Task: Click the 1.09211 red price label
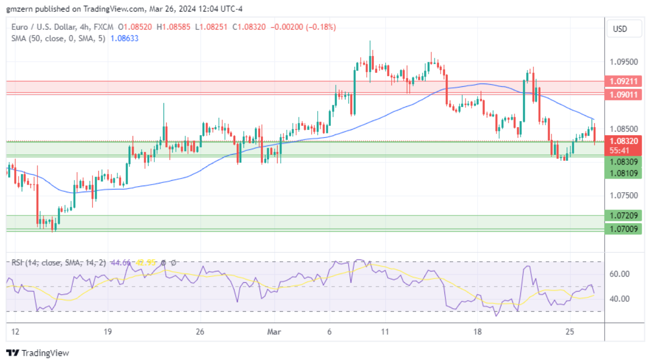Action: point(623,81)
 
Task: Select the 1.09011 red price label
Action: point(623,94)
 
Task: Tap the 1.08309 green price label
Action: point(623,162)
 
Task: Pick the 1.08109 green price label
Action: point(623,173)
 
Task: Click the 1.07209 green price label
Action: point(623,216)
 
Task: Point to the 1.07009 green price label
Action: point(623,229)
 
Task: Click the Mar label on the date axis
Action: point(273,332)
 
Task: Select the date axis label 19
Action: point(107,332)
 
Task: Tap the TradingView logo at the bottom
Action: point(37,353)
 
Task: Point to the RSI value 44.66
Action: point(120,263)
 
